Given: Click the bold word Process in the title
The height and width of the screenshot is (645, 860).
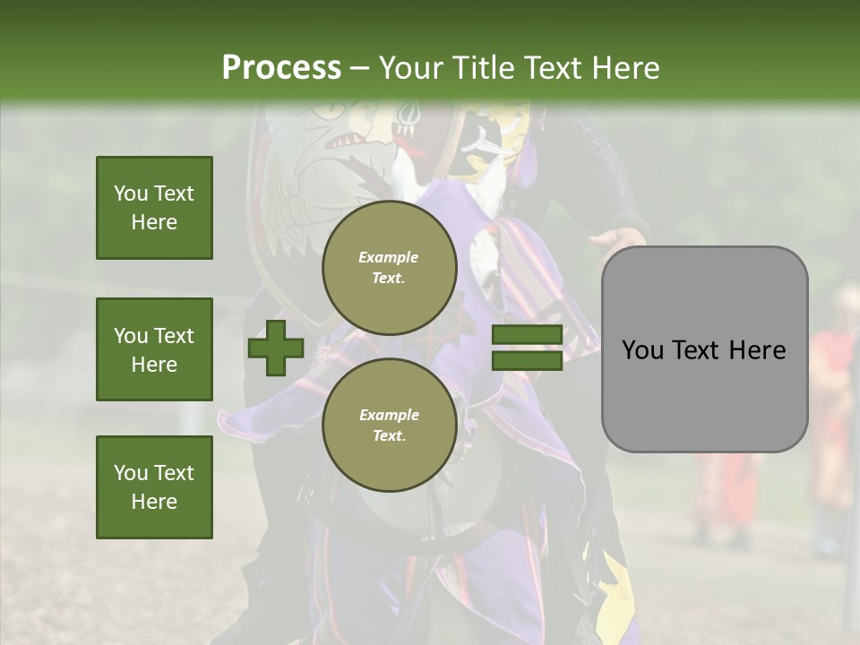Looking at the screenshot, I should tap(281, 68).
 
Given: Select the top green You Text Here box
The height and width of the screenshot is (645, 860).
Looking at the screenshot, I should tap(154, 208).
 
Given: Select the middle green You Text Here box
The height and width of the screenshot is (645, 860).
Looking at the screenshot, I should tap(154, 349).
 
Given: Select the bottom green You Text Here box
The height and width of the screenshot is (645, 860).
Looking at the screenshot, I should tap(154, 486).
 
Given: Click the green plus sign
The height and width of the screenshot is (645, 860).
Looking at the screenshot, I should tap(275, 348).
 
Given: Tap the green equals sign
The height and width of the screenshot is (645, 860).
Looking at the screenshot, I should tap(527, 348).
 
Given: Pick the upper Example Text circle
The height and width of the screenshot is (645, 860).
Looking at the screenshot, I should tap(389, 267).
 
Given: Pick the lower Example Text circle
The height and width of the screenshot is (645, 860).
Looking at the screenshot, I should tap(389, 425).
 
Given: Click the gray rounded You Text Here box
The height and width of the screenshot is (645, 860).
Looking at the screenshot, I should tap(704, 349).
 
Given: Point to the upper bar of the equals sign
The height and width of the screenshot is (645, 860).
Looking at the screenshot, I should tap(527, 336).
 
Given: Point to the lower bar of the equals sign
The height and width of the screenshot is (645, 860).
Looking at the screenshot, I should tap(527, 361).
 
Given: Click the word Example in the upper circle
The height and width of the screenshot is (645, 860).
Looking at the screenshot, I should tap(389, 257).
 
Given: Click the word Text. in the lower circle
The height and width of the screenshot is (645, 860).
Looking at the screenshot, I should tap(389, 435).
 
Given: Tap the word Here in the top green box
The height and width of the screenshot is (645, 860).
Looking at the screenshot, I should tap(154, 222).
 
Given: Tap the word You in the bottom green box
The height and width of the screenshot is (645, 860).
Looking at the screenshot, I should tap(130, 473).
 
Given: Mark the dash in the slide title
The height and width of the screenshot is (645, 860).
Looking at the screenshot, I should tap(359, 68).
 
